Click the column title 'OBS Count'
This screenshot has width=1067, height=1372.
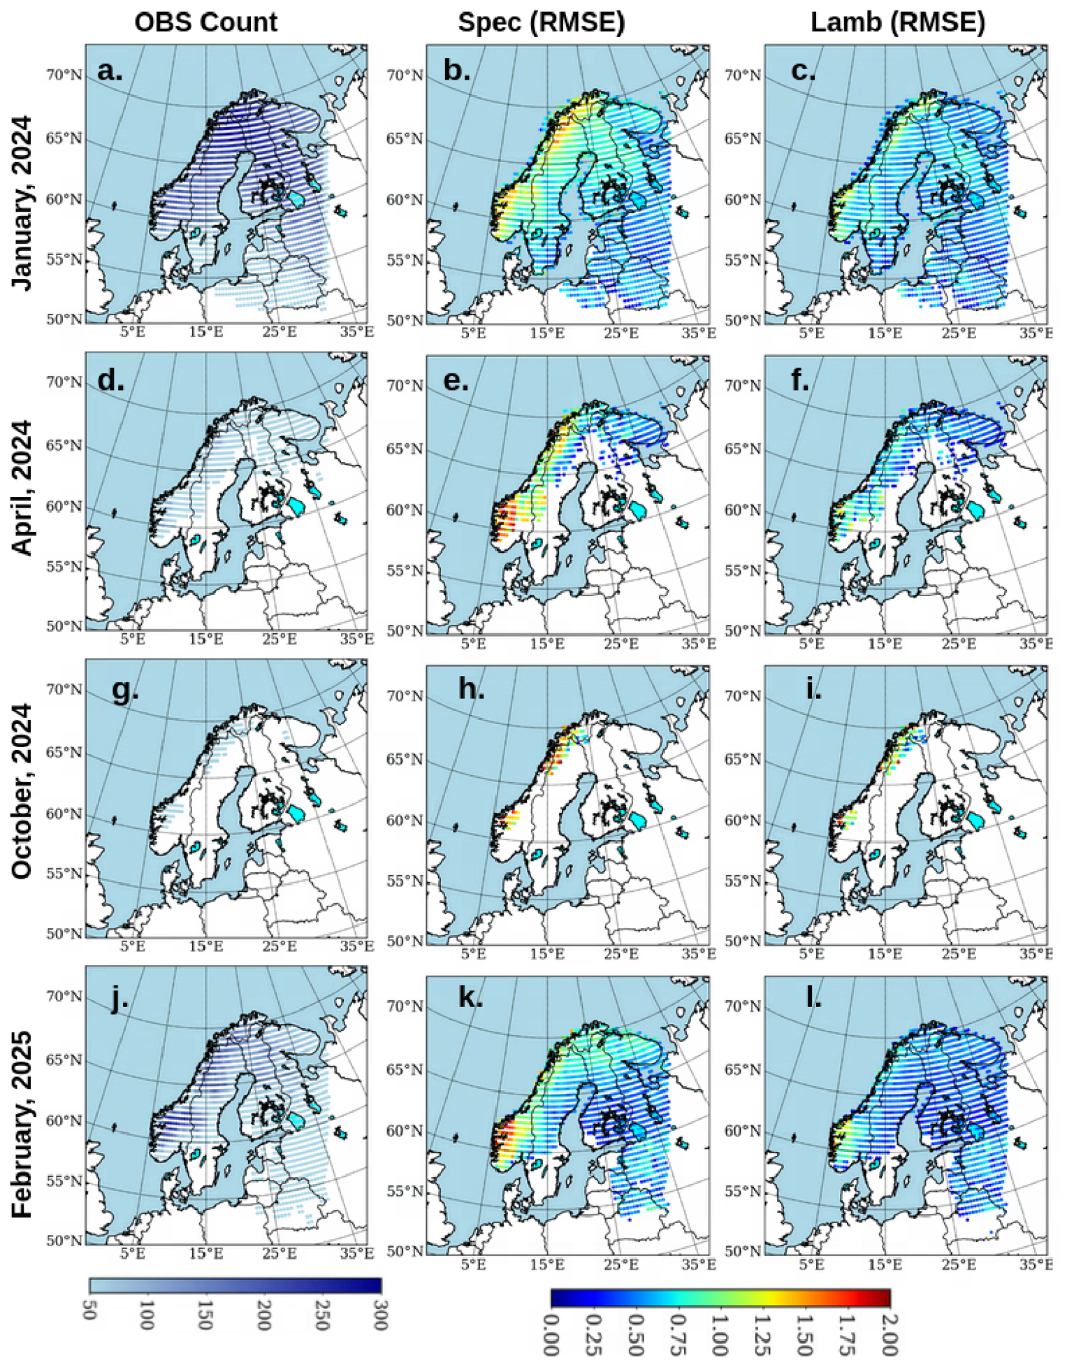click(x=205, y=22)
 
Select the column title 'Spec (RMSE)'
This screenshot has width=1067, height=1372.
click(x=541, y=23)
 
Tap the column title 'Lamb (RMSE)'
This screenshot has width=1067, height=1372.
click(x=898, y=23)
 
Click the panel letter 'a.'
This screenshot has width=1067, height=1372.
click(x=110, y=71)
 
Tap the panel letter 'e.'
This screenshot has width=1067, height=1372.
click(x=456, y=381)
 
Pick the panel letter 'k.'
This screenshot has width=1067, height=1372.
click(x=470, y=997)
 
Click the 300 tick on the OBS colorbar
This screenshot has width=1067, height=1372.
click(x=380, y=1315)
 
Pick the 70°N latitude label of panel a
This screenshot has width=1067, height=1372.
click(x=64, y=75)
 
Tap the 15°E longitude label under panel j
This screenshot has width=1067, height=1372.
click(x=205, y=1253)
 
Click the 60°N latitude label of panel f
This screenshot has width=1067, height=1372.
click(x=742, y=510)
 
